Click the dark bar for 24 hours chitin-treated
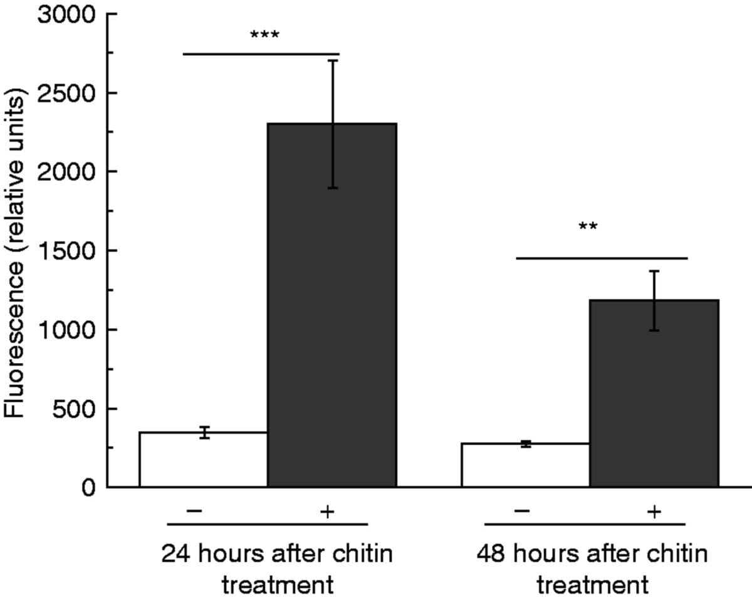pos(332,313)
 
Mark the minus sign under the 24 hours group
pos(194,511)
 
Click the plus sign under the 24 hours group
pos(326,512)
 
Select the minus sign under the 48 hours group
pos(522,511)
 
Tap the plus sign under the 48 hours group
pos(654,512)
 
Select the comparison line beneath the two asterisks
pos(602,258)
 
